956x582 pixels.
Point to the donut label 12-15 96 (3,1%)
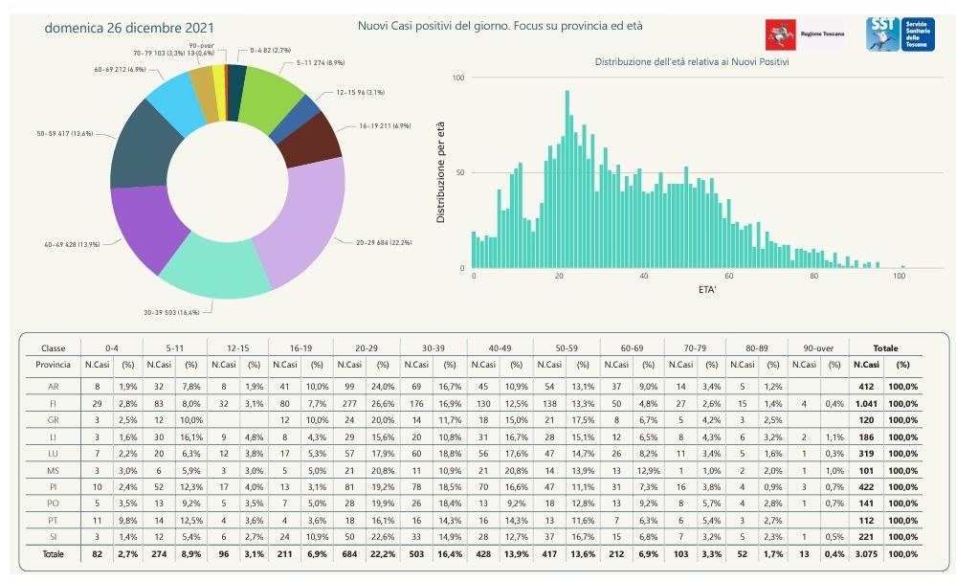click(360, 93)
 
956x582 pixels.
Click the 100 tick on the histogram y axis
click(457, 78)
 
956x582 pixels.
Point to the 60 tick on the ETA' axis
click(729, 277)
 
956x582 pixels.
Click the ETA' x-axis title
click(685, 288)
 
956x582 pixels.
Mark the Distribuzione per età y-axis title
click(441, 173)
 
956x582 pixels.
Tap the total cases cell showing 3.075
click(865, 554)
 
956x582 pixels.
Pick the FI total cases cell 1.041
click(865, 405)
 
